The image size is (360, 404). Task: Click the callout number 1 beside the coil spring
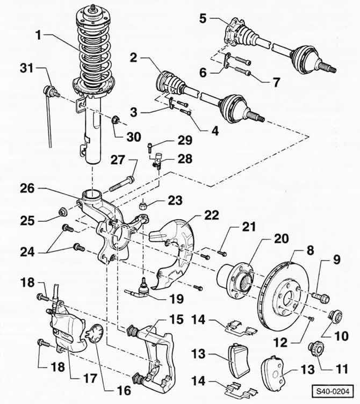(x=39, y=35)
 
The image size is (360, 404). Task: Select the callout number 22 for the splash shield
(x=212, y=215)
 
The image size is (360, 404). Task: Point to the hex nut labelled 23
(x=143, y=205)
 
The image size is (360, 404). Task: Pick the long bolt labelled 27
(x=121, y=183)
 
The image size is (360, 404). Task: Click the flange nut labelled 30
(x=115, y=120)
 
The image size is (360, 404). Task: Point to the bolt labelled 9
(x=321, y=297)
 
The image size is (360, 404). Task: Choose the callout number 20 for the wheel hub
(x=281, y=239)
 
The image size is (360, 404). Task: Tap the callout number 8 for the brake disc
(x=310, y=250)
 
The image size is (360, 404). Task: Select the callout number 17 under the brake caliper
(x=90, y=379)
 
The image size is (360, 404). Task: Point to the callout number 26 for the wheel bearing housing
(x=27, y=189)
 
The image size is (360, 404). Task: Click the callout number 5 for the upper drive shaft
(x=203, y=19)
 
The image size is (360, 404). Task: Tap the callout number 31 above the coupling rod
(x=27, y=68)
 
